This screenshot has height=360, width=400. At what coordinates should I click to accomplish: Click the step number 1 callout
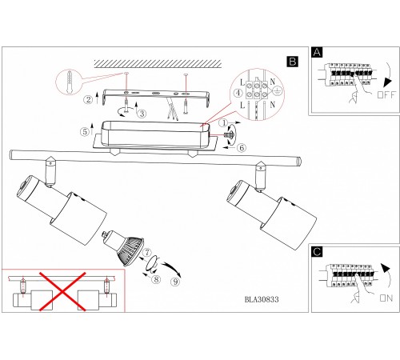224,123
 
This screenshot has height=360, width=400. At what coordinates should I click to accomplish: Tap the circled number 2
88,100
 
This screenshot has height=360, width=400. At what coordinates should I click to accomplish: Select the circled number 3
142,114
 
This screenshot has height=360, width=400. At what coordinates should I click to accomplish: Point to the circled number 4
238,93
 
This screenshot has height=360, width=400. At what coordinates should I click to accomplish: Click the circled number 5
85,131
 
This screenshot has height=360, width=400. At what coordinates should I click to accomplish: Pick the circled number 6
242,147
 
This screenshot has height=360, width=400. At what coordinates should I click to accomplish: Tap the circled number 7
147,252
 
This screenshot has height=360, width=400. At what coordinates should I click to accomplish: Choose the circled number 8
156,279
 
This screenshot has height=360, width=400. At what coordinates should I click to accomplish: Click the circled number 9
175,282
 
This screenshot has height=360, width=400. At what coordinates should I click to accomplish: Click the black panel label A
317,52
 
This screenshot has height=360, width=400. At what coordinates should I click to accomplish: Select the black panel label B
293,62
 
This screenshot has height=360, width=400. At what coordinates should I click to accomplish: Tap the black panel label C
317,252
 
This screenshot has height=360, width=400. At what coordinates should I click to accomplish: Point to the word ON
386,298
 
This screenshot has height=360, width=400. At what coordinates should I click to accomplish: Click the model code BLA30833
262,299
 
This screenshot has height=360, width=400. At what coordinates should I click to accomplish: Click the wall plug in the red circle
70,82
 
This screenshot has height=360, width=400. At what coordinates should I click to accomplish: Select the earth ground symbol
278,92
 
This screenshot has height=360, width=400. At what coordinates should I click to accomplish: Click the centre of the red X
62,291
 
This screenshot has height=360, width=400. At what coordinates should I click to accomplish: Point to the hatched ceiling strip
158,64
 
